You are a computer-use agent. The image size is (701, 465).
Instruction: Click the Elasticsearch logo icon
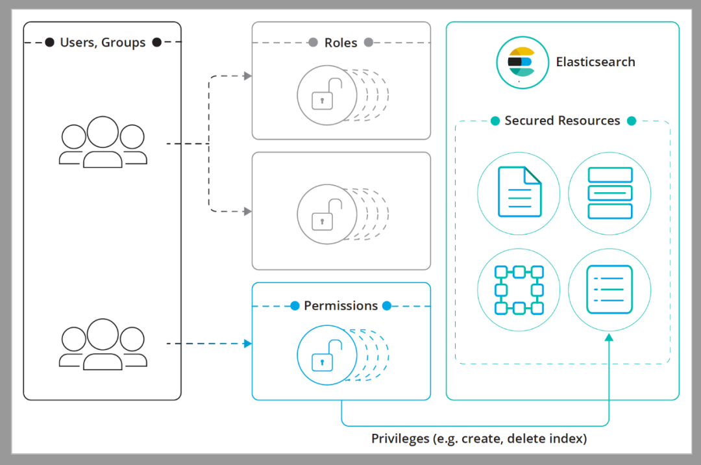(x=520, y=62)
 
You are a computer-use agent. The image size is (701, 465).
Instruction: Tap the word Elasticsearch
(x=595, y=62)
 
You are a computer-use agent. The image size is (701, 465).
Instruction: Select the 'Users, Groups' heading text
(x=103, y=43)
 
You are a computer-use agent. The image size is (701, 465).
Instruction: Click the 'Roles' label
(x=341, y=43)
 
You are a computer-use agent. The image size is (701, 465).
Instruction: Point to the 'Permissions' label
(x=341, y=306)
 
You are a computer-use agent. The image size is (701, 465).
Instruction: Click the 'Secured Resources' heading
(x=562, y=121)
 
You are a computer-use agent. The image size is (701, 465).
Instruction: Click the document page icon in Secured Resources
(x=519, y=192)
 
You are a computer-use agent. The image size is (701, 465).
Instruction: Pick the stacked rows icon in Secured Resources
(x=609, y=192)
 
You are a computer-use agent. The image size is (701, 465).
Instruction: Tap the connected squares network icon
(x=519, y=290)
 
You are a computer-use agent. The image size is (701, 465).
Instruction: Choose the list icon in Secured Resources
(x=609, y=290)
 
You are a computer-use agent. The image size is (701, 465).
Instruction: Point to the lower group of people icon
(x=103, y=344)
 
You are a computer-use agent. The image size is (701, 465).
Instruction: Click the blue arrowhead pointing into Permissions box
(x=247, y=344)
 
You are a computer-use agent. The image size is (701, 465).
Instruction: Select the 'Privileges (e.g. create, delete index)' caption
(x=479, y=439)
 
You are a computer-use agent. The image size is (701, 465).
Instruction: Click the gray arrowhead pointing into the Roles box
(x=247, y=76)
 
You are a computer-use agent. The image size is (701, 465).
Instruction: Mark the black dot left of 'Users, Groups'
(x=50, y=43)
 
